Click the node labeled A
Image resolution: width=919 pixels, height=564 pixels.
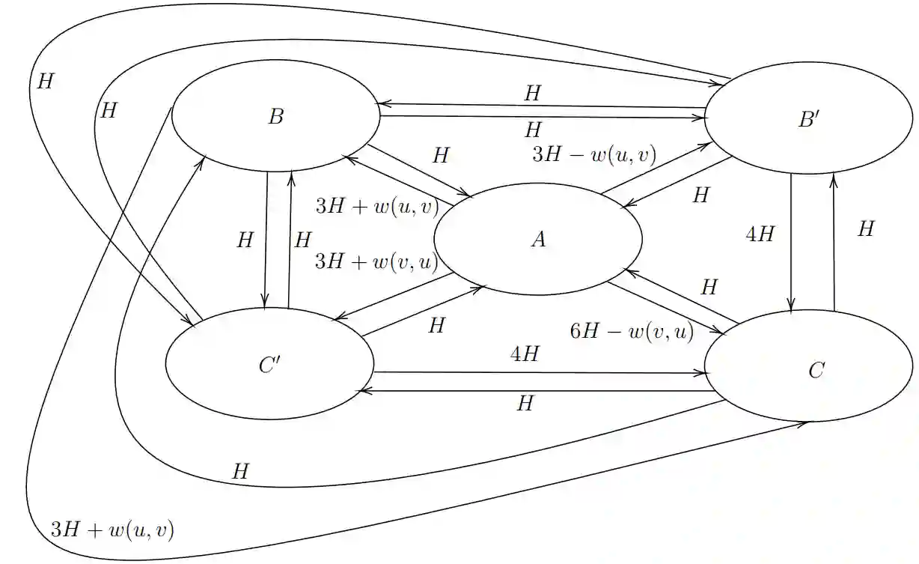point(537,239)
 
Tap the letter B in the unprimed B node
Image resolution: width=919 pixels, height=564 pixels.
point(275,117)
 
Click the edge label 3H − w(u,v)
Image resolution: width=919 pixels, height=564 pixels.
point(593,155)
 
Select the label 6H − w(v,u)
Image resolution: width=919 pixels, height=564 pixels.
point(632,331)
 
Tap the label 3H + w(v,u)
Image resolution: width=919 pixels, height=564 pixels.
point(376,261)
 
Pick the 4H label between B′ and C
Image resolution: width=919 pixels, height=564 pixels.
point(760,234)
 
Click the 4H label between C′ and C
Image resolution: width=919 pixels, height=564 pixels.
point(524,354)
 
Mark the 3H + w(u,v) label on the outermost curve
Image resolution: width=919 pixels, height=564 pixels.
point(112,530)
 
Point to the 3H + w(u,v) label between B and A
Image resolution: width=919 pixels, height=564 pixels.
point(376,207)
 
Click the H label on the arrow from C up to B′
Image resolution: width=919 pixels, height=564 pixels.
point(865,229)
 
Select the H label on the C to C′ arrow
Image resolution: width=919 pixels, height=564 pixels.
point(525,404)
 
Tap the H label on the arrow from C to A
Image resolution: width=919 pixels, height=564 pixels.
point(709,287)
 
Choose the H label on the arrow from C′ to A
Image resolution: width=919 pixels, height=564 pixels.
point(436,326)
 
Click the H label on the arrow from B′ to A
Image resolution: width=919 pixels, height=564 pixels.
point(700,195)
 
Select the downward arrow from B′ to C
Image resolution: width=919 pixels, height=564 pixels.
point(791,240)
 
